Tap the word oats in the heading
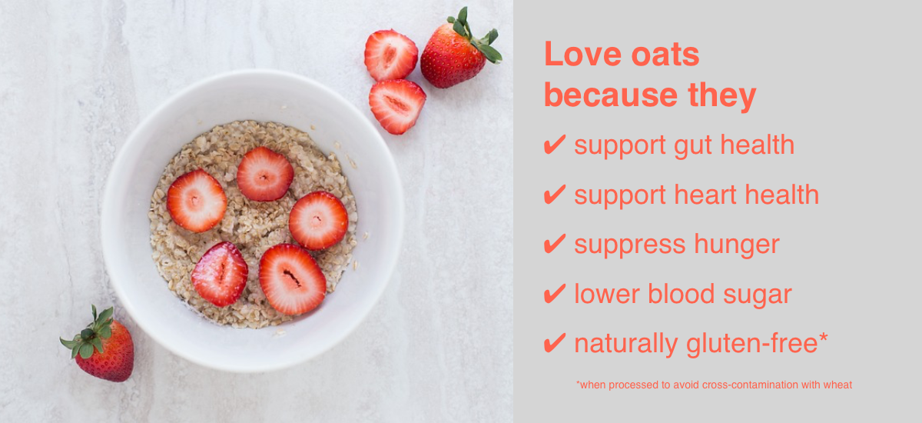click(x=665, y=55)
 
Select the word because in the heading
click(x=611, y=95)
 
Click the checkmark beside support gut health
click(x=555, y=145)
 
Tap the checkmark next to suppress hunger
click(x=555, y=244)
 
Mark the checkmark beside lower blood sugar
click(x=555, y=294)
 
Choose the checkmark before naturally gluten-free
click(x=555, y=343)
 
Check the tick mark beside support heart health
click(x=555, y=195)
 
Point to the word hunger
click(x=737, y=246)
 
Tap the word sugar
click(x=758, y=296)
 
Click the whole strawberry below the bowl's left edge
click(x=100, y=345)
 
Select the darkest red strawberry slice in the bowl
click(x=220, y=275)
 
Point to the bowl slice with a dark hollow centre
click(x=292, y=279)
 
